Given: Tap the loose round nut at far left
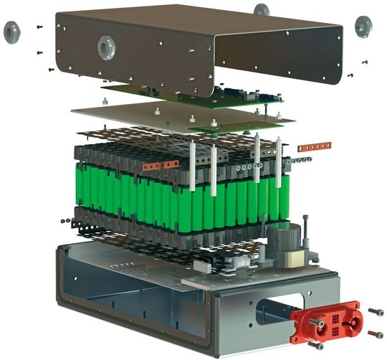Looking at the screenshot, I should click(x=12, y=32).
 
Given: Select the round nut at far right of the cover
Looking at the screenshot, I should click(x=363, y=27).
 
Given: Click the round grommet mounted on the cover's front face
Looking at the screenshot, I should click(x=107, y=47).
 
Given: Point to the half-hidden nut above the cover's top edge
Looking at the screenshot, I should click(x=262, y=9).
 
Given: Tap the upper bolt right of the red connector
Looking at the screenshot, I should click(x=376, y=312).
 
